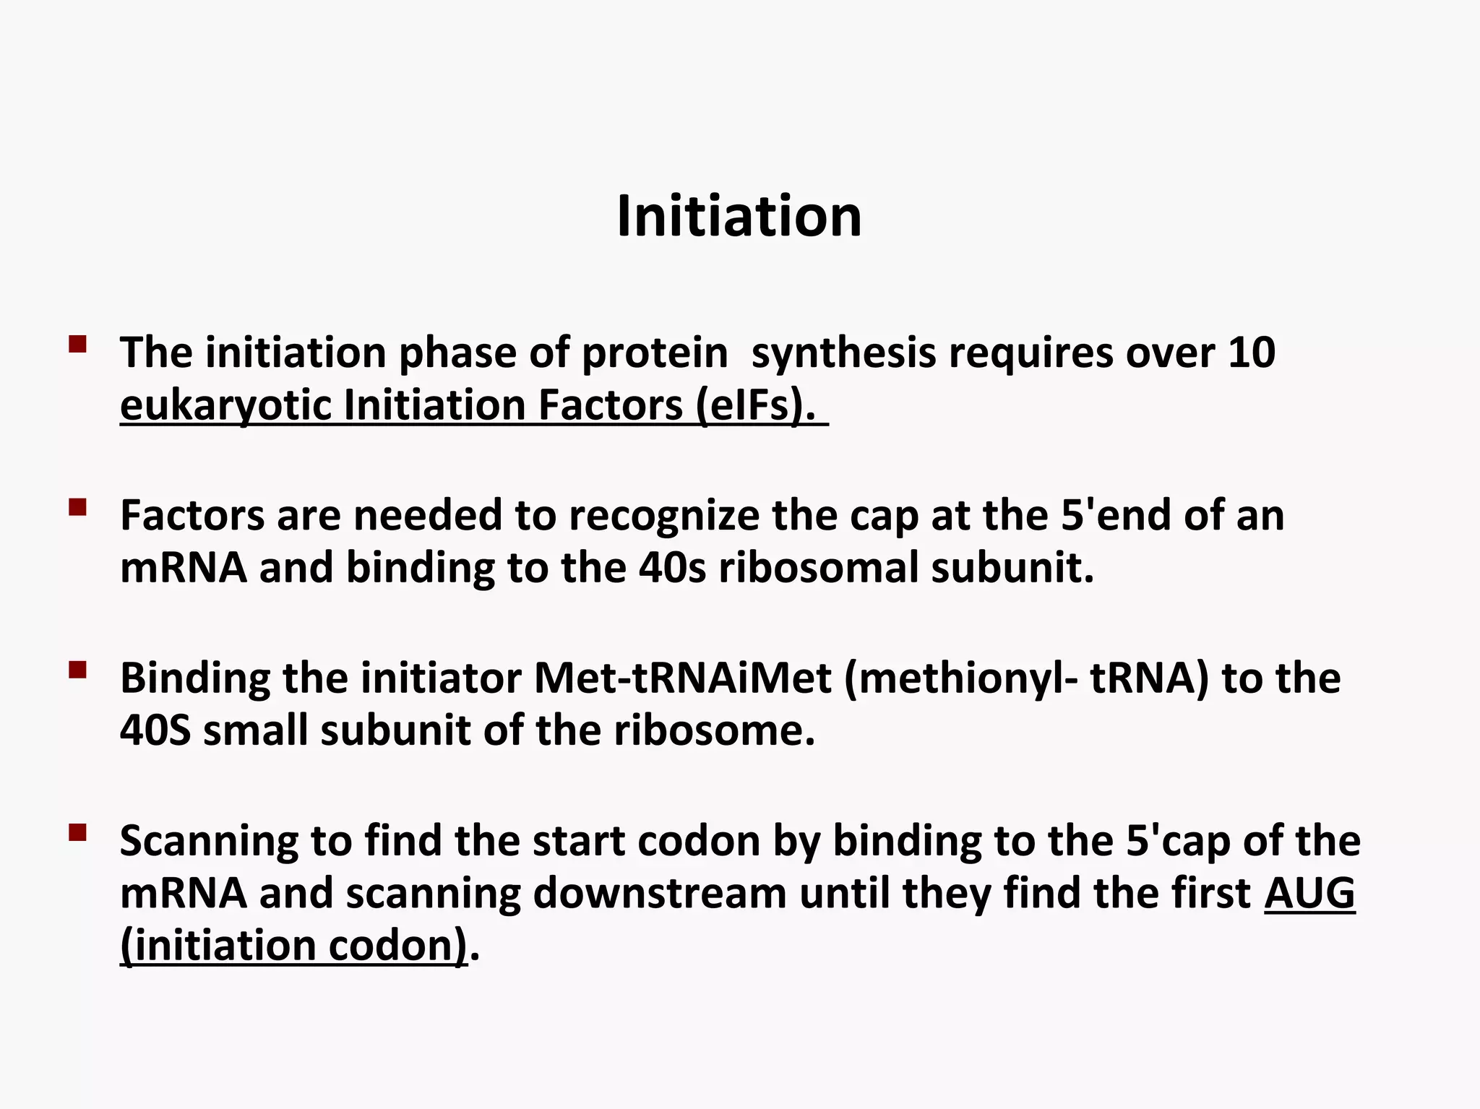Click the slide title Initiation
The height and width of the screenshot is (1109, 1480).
pyautogui.click(x=739, y=216)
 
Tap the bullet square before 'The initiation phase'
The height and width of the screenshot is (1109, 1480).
pyautogui.click(x=77, y=343)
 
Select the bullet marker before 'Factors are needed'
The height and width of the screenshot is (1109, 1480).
pyautogui.click(x=77, y=507)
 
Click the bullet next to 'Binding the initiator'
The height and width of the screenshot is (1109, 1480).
pyautogui.click(x=77, y=670)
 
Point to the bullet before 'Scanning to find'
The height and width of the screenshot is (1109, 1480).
pyautogui.click(x=77, y=833)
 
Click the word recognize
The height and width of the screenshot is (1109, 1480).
pyautogui.click(x=663, y=516)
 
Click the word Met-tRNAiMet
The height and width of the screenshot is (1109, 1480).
pyautogui.click(x=682, y=678)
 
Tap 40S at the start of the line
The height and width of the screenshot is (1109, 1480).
pyautogui.click(x=155, y=730)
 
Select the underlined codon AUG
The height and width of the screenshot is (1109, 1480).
pyautogui.click(x=1309, y=894)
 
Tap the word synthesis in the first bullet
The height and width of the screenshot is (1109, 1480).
pyautogui.click(x=843, y=353)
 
